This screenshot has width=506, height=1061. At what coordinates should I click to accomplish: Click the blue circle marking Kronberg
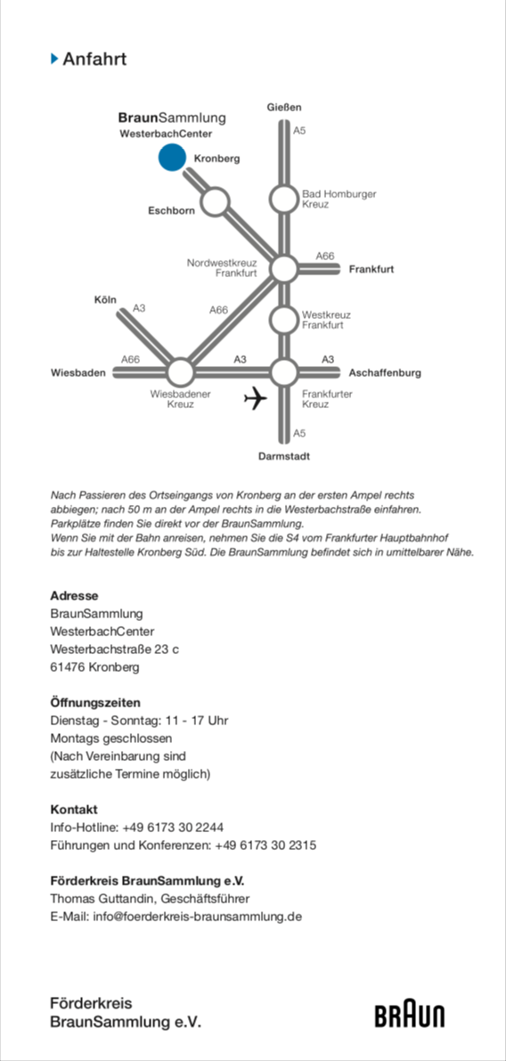click(172, 157)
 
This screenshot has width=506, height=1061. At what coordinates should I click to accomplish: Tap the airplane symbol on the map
click(256, 398)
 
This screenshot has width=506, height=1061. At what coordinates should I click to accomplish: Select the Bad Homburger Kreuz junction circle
click(284, 200)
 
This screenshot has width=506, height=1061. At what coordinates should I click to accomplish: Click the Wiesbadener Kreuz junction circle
click(180, 372)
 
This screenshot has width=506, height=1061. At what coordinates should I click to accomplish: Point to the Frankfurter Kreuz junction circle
click(284, 371)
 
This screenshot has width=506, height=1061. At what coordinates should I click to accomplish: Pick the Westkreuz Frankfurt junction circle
click(284, 320)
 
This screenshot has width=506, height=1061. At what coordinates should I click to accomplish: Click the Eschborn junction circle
click(215, 201)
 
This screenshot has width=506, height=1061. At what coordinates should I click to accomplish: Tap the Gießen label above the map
click(284, 107)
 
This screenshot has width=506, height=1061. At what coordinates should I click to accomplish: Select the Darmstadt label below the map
click(284, 457)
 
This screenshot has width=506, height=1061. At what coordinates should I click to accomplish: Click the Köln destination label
click(105, 299)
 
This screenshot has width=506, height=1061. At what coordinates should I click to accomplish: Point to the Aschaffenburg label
click(385, 373)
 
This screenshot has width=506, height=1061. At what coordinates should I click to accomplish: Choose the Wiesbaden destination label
click(78, 373)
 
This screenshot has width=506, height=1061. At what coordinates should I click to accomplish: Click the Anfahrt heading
click(94, 59)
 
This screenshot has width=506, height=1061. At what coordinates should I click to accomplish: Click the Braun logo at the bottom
click(410, 1016)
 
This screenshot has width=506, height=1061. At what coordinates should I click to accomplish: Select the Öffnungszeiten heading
click(95, 702)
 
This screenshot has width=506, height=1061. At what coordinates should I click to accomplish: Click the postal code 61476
click(68, 668)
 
